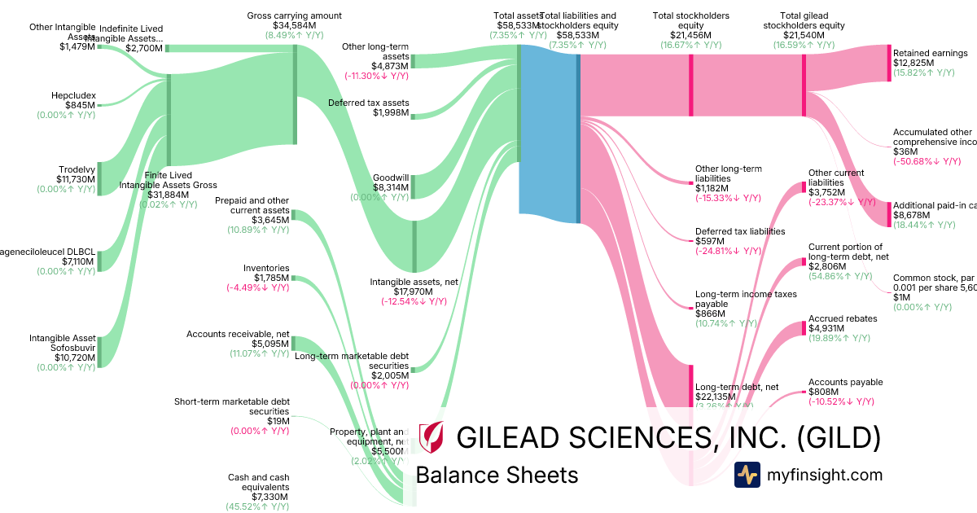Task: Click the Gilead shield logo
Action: [x=431, y=437]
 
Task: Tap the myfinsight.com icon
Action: [x=747, y=475]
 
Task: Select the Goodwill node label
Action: [x=391, y=178]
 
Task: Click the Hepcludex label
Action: [x=75, y=95]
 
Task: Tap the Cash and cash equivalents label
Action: [x=259, y=482]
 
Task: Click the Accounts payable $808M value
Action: [x=826, y=392]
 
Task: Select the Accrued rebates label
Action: [x=843, y=318]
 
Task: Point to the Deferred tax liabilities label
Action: [x=740, y=231]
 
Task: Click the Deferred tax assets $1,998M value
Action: [x=390, y=112]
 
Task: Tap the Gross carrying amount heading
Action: [x=294, y=15]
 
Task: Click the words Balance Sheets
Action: [x=497, y=476]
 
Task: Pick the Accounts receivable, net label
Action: [x=238, y=334]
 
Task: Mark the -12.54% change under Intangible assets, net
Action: [x=414, y=301]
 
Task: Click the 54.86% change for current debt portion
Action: [x=840, y=276]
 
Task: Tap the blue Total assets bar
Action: [x=548, y=130]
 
